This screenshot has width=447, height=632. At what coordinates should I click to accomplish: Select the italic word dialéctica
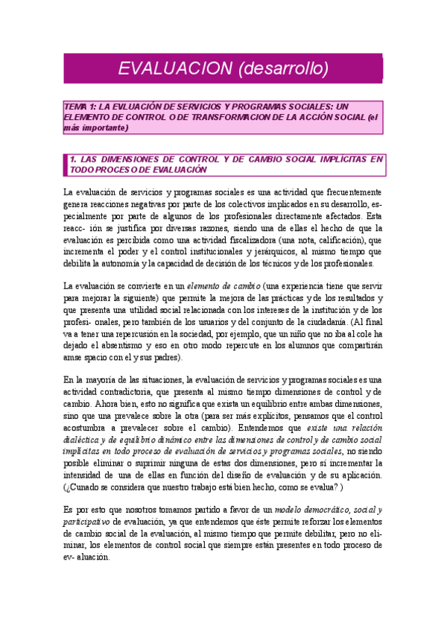coord(87,440)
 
